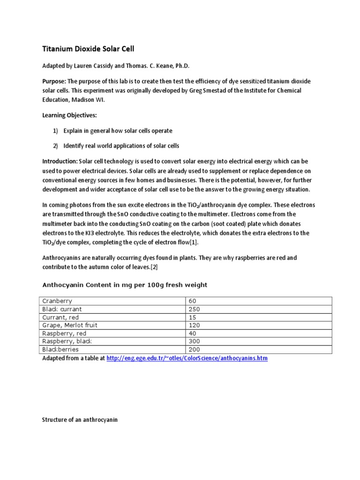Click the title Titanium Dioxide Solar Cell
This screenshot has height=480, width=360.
click(89, 48)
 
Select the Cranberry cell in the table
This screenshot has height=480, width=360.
click(57, 300)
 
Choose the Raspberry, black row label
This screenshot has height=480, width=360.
click(67, 341)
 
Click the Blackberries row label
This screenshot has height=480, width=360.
click(60, 349)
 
